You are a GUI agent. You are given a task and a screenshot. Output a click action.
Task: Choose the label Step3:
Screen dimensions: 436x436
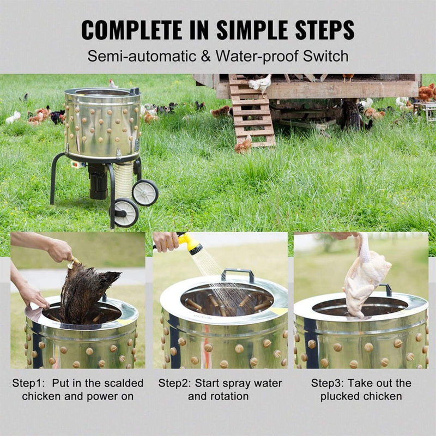click(x=329, y=383)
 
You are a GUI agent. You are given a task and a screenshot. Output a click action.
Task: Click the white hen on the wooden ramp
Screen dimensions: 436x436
click(x=260, y=83)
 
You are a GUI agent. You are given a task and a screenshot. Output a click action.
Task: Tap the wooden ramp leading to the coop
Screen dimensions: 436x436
click(x=252, y=114)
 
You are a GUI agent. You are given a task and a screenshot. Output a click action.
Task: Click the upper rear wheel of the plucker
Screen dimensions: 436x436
click(x=145, y=192)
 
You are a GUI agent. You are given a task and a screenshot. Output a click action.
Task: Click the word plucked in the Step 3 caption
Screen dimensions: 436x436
click(x=338, y=397)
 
